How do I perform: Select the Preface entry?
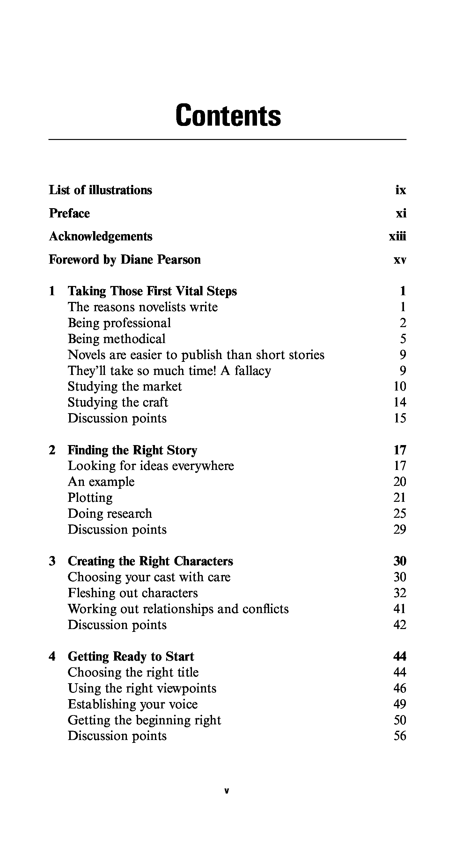[69, 213]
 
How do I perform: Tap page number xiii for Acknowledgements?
[397, 236]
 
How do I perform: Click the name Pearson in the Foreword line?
[179, 260]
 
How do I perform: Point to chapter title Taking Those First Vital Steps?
[152, 291]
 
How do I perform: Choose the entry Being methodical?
[116, 339]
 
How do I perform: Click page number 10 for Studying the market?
[400, 386]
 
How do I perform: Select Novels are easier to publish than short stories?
[196, 355]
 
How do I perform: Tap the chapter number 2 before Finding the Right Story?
[52, 450]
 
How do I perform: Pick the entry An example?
[101, 482]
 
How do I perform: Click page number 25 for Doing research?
[400, 514]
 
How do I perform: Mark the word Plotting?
[90, 498]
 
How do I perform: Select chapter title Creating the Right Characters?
[150, 561]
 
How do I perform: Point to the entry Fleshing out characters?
[133, 593]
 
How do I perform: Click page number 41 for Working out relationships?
[400, 609]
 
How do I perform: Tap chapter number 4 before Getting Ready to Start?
[52, 656]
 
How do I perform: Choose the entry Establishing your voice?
[133, 704]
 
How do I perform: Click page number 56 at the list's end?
[400, 736]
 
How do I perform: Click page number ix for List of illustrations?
[400, 190]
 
